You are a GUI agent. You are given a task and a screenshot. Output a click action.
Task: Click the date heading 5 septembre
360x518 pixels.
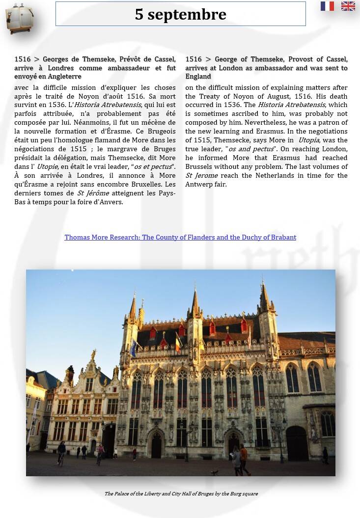(x=180, y=14)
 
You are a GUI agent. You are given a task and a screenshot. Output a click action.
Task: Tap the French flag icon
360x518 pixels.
(x=327, y=6)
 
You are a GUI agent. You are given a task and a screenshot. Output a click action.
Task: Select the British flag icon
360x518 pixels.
(x=348, y=6)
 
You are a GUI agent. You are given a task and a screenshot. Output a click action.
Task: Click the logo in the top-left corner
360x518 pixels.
(x=19, y=19)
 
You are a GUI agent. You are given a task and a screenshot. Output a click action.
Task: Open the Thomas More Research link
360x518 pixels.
(x=180, y=238)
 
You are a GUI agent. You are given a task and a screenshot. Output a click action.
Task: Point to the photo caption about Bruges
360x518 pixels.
(x=181, y=493)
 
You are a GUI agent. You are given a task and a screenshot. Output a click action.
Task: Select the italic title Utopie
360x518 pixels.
(x=47, y=167)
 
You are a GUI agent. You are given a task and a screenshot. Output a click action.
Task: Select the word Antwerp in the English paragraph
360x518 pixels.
(x=199, y=185)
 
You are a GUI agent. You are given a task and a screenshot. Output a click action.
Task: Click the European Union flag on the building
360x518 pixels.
(x=134, y=347)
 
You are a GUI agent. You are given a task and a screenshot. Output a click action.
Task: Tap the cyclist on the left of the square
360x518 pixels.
(x=61, y=451)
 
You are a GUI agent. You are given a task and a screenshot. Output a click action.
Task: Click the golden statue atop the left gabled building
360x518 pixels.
(x=93, y=354)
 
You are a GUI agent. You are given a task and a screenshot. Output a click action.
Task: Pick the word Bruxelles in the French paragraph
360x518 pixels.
(x=147, y=185)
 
